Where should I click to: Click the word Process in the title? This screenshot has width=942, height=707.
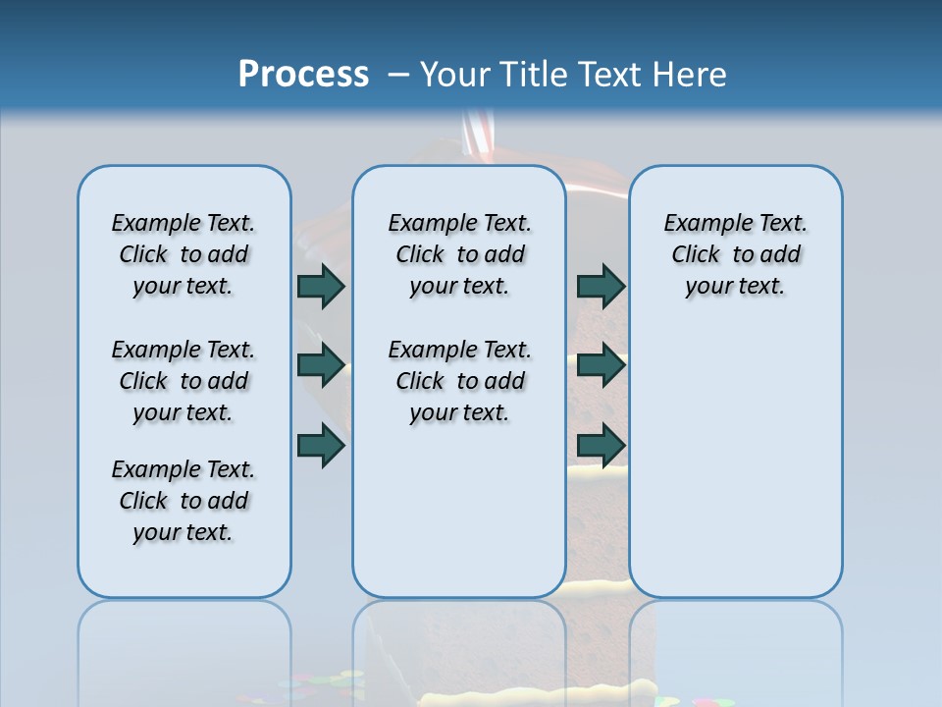pos(303,74)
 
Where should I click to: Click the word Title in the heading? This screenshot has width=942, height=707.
pos(537,75)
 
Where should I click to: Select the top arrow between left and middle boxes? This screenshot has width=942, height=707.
pos(321,286)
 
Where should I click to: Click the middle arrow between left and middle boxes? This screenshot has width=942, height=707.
pos(321,365)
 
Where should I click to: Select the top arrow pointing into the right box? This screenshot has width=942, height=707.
pos(601,286)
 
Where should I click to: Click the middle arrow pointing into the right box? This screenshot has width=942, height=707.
pos(601,365)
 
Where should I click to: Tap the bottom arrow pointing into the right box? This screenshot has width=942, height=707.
pos(601,444)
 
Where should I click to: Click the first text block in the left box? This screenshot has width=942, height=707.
pos(183,254)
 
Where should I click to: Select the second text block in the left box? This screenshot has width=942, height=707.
pos(183,381)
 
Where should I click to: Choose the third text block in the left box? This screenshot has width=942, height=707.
pos(183,501)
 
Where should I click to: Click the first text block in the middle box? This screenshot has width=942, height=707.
pos(459,254)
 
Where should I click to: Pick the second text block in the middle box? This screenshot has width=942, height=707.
pos(459,381)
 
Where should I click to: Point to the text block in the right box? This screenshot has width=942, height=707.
pos(735,254)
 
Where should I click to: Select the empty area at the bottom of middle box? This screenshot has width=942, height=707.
pos(459,520)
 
